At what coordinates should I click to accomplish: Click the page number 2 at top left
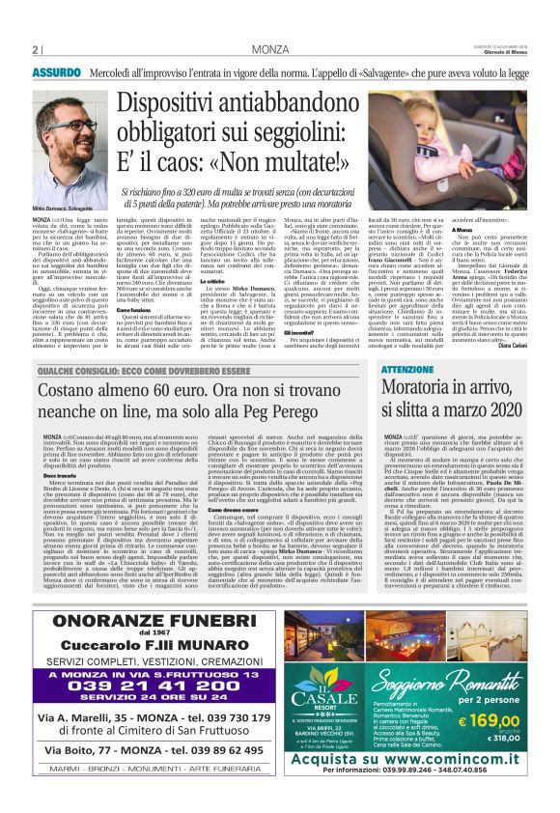(34, 50)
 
